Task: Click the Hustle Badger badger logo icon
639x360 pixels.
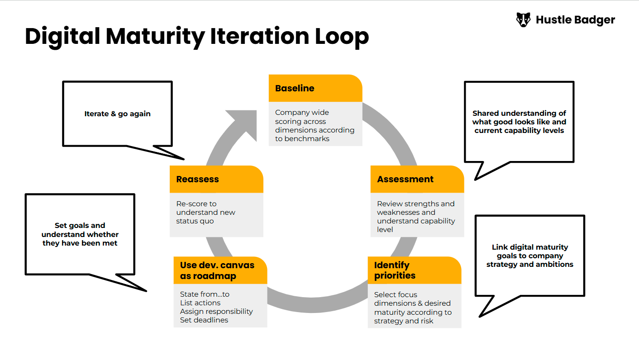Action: [523, 20]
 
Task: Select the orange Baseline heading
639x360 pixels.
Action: [295, 89]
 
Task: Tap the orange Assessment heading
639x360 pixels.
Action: [405, 179]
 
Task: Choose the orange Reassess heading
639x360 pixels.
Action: [197, 179]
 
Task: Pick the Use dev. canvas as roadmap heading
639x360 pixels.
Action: [217, 270]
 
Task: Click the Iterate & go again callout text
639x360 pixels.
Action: [117, 114]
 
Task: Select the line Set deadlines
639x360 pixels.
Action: [204, 320]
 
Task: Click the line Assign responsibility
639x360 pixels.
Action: [216, 311]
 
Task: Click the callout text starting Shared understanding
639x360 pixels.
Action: [519, 122]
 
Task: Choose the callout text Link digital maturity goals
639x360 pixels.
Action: [529, 256]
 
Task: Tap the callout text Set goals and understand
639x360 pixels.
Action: [80, 234]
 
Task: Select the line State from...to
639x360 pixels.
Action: [205, 294]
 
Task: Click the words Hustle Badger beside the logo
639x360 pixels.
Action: [575, 20]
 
